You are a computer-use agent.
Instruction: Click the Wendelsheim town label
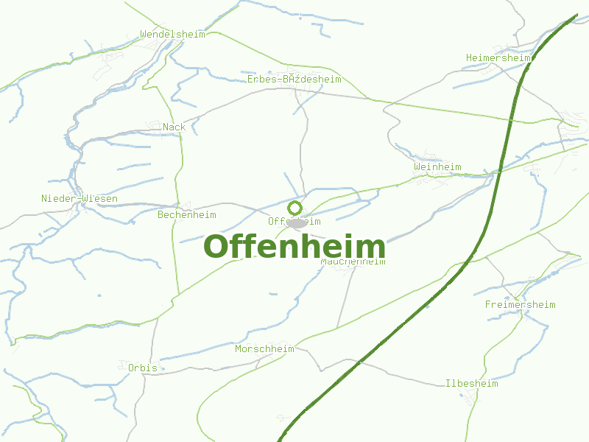(x=172, y=34)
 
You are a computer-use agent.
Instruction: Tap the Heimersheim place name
(x=498, y=57)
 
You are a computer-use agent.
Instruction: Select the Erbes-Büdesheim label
(x=294, y=79)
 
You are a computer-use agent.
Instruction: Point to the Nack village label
(x=174, y=127)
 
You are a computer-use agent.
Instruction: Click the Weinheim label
(x=437, y=167)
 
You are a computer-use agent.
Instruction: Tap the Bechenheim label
(x=187, y=215)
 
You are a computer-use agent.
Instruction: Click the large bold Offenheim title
(x=294, y=246)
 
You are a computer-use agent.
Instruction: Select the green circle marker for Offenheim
(x=295, y=208)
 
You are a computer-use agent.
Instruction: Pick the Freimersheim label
(x=520, y=304)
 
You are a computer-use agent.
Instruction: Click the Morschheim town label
(x=264, y=348)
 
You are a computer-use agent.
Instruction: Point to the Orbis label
(x=142, y=367)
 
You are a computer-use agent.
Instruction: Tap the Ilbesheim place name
(x=471, y=383)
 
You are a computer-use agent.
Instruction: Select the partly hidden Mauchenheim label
(x=353, y=262)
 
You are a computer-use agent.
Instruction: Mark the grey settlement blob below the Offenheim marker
(x=297, y=222)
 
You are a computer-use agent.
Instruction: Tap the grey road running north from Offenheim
(x=302, y=147)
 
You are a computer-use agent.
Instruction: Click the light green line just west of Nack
(x=181, y=147)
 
